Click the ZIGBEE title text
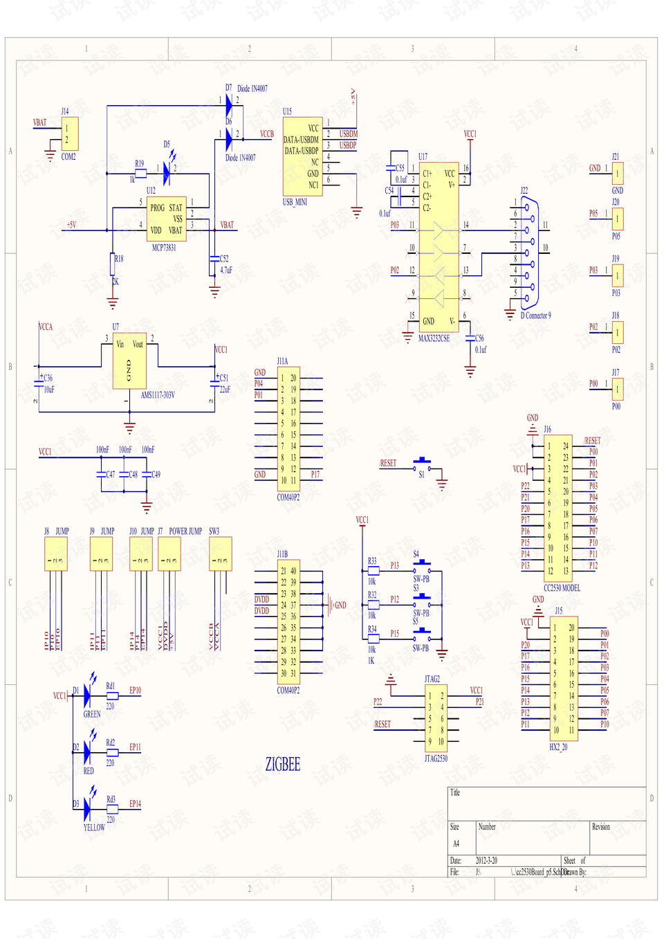(x=283, y=765)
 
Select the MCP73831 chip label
(x=164, y=248)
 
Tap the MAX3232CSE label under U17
(x=434, y=338)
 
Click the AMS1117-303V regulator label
(x=158, y=395)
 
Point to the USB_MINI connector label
(x=295, y=202)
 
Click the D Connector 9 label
(x=535, y=316)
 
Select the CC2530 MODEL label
(x=562, y=588)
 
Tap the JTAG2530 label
(x=436, y=758)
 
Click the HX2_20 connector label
(x=558, y=747)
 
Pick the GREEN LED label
(x=92, y=714)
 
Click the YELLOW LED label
(x=94, y=828)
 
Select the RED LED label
(x=89, y=771)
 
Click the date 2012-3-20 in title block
(x=486, y=861)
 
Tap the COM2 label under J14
(x=68, y=157)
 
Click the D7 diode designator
(x=228, y=88)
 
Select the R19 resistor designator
(x=139, y=164)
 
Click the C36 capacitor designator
(x=48, y=378)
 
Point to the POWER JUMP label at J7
(x=185, y=531)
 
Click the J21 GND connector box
(x=617, y=173)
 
